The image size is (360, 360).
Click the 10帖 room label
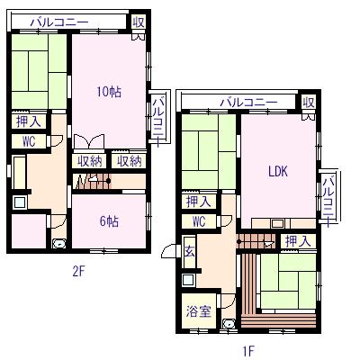tap(109, 92)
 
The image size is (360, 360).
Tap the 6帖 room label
tap(109, 221)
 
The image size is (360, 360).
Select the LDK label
tap(278, 171)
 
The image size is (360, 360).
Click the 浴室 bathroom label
tap(199, 311)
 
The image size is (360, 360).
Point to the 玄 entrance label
tap(190, 251)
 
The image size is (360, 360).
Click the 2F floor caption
tap(79, 272)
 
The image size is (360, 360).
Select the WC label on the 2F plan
tap(29, 141)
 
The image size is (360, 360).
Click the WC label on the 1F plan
tap(199, 221)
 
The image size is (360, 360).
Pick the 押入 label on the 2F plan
tap(29, 121)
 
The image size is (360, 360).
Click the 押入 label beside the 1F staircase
tap(298, 241)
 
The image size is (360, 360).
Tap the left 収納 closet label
tap(90, 162)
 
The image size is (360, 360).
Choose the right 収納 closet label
tap(129, 162)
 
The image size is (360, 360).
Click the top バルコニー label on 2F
tap(59, 22)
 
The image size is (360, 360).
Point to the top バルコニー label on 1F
tap(248, 103)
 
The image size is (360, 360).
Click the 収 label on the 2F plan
tap(139, 22)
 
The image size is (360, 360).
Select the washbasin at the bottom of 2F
tap(59, 244)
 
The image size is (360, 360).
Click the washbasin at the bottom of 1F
tap(229, 324)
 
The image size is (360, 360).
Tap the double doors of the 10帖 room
tap(89, 141)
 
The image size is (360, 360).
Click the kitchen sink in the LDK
tap(277, 224)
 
